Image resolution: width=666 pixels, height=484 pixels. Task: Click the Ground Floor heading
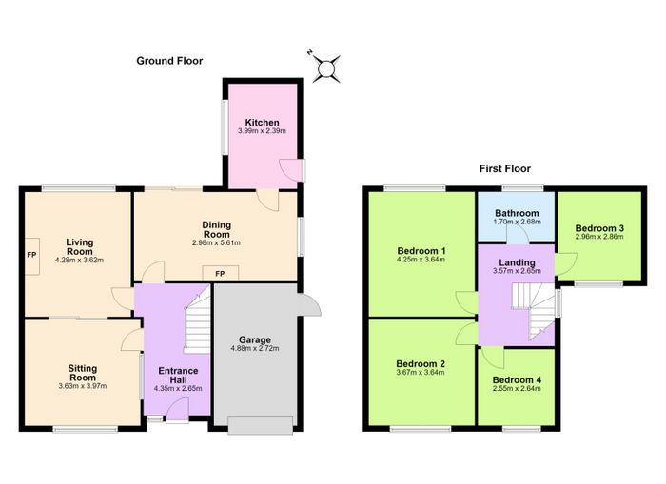point(169,61)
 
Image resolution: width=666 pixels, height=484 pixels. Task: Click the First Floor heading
point(505,168)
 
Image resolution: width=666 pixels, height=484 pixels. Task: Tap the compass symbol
point(326,68)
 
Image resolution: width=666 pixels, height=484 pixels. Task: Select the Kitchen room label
point(262,123)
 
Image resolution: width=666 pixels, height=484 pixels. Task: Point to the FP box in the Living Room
point(31,256)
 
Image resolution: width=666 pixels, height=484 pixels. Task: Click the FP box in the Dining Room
point(220,273)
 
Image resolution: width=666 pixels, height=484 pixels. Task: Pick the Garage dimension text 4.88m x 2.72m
point(255,349)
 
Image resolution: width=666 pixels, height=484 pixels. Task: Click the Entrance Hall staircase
point(198,319)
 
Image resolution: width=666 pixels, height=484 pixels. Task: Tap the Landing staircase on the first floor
point(534,310)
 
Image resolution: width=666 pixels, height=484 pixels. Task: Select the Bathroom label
point(517,213)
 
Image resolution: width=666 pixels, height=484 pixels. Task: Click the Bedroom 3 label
point(599,228)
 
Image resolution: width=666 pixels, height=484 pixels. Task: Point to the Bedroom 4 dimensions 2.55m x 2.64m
point(517,389)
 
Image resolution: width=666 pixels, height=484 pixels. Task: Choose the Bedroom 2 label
point(421,364)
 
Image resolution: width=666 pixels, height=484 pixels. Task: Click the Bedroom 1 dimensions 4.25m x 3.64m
point(421,259)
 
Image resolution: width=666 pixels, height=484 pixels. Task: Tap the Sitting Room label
point(83,373)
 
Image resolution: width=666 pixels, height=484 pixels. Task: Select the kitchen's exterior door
point(304,170)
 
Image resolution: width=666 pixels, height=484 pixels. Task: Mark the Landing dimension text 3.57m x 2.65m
point(517,271)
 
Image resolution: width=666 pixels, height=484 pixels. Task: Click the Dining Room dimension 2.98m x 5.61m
point(216,243)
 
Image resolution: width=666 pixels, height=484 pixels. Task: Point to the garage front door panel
point(261,426)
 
